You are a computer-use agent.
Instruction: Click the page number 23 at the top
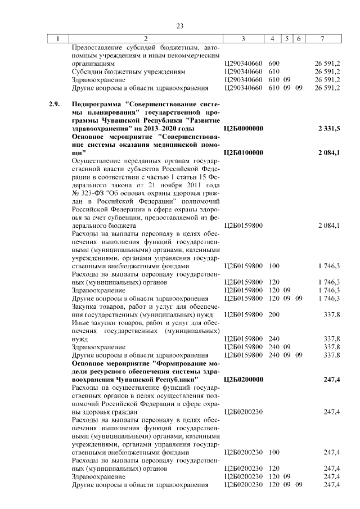coord(180,26)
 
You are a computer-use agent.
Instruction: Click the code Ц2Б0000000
coord(243,129)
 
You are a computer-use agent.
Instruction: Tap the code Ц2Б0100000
coord(243,152)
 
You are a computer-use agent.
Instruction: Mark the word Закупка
coord(85,305)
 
